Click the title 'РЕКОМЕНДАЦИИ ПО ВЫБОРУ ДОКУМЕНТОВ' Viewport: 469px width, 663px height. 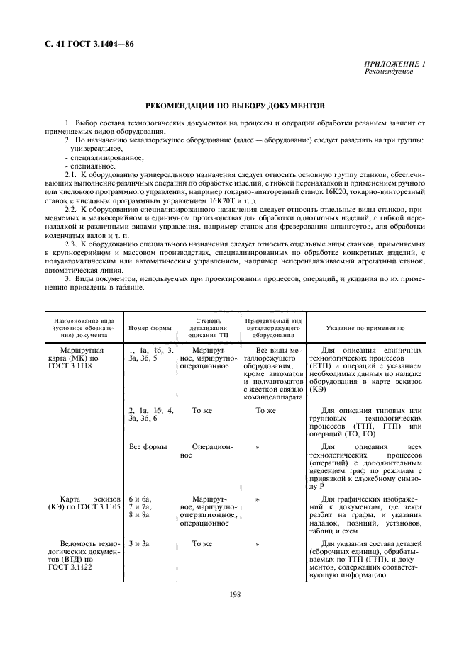point(235,106)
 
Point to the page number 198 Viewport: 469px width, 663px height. point(236,594)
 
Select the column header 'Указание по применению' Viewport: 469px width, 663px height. point(365,328)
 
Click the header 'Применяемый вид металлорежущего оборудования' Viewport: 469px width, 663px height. point(273,328)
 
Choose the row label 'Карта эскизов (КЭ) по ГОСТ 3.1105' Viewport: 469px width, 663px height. point(84,504)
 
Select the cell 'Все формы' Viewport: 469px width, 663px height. point(147,447)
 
